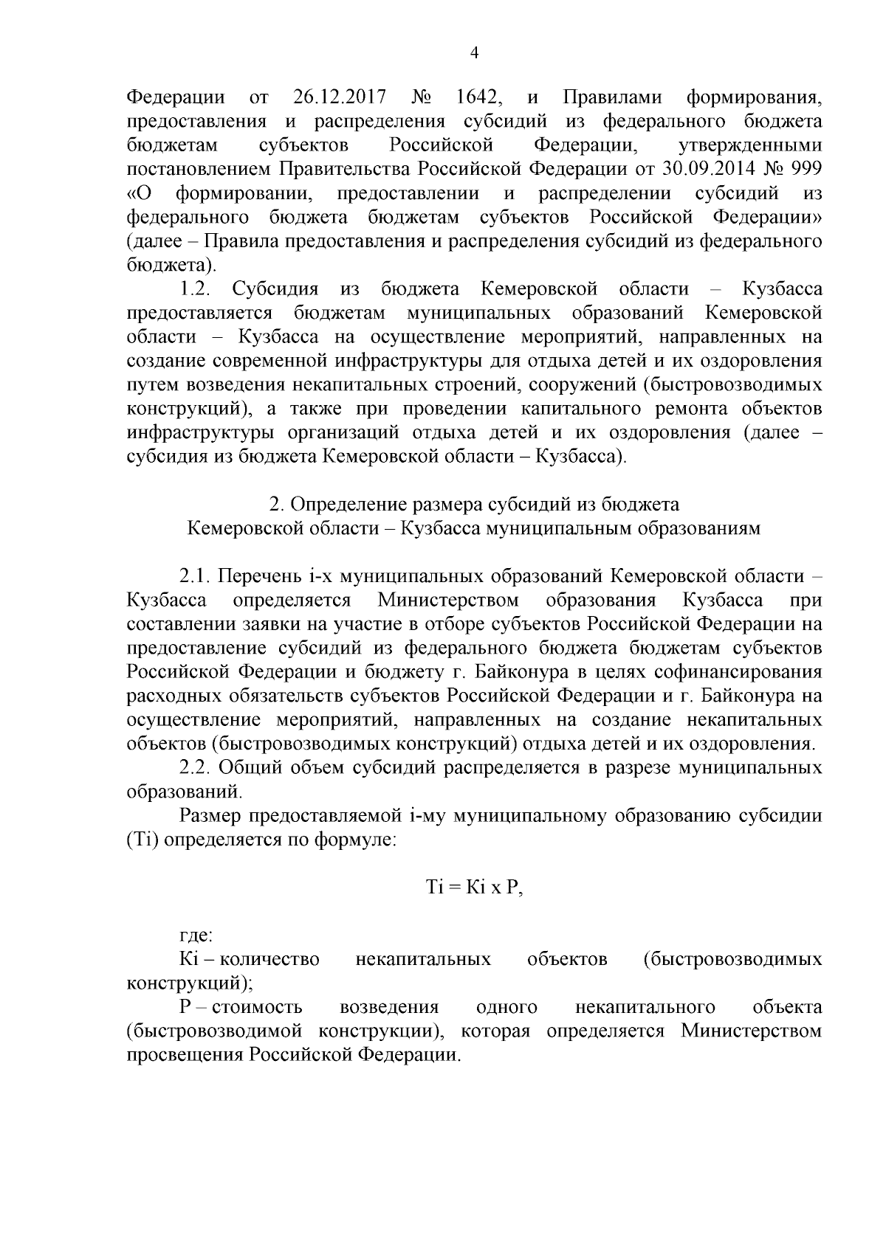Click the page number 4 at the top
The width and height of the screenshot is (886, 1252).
pos(475,53)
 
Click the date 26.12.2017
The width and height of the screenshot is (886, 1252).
pos(334,97)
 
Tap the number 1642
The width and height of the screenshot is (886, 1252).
pos(481,97)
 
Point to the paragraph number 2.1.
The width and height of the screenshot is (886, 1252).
pos(196,575)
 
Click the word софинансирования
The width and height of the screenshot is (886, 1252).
pos(741,672)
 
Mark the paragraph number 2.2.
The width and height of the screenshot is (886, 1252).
pos(196,768)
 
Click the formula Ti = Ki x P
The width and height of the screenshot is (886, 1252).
pos(474,888)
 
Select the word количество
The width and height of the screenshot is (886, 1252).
pos(270,960)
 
